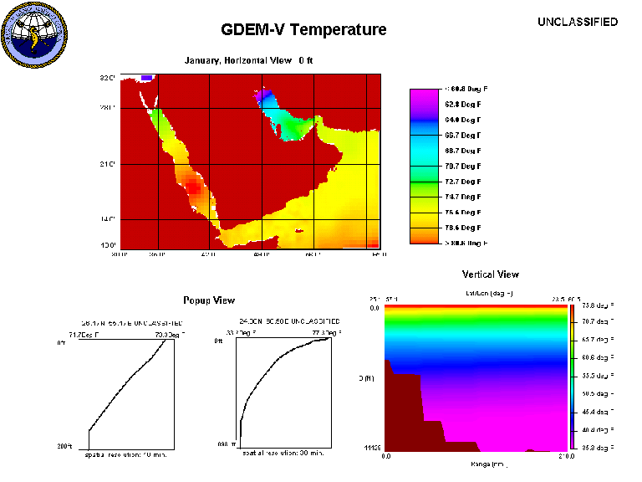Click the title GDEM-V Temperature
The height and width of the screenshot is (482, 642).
(303, 30)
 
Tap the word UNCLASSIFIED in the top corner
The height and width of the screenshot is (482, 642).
(578, 22)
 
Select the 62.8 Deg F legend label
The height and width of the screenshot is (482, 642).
(464, 105)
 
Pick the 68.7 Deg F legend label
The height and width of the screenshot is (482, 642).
(464, 151)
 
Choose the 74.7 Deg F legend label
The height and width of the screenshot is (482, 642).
(464, 197)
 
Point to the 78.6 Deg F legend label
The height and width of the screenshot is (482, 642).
(464, 227)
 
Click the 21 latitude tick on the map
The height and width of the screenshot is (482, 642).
(106, 164)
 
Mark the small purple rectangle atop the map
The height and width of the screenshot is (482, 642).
(146, 78)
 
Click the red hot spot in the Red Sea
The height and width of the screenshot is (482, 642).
(194, 187)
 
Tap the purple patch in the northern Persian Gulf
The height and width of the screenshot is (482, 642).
(264, 98)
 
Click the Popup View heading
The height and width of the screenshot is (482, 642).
(209, 300)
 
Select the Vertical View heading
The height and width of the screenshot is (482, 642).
(490, 274)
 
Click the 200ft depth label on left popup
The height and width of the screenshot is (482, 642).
(65, 446)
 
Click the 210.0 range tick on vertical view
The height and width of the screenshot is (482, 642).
(565, 456)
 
